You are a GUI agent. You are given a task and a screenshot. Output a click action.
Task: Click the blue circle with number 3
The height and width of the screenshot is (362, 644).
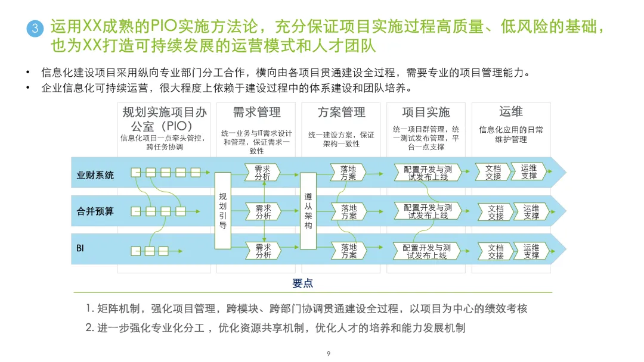click(35, 29)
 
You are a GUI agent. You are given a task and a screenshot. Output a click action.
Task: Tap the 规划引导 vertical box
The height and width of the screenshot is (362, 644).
click(222, 211)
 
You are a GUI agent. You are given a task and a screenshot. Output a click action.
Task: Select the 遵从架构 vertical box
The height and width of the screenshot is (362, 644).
click(308, 211)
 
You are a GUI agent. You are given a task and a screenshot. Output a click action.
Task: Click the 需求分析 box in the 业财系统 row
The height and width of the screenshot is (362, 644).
click(262, 173)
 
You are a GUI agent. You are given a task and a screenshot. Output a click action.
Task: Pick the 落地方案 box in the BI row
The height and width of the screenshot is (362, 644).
click(349, 251)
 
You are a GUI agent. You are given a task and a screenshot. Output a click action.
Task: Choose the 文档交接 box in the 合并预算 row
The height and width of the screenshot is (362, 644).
click(496, 213)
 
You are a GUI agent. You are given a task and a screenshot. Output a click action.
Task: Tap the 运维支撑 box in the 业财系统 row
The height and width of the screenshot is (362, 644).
click(529, 173)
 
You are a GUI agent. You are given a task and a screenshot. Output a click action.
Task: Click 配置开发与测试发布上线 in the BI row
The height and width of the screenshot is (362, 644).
click(426, 251)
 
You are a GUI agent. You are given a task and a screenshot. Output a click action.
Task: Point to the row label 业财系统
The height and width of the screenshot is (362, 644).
click(95, 175)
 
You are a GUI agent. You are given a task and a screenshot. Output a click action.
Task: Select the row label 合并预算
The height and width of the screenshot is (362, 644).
click(95, 211)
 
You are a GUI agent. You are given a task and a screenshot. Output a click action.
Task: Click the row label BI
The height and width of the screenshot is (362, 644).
click(80, 246)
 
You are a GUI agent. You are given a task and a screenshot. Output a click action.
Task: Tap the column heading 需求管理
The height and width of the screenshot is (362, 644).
click(256, 113)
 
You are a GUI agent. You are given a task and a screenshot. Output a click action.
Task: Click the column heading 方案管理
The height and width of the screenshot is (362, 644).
click(342, 113)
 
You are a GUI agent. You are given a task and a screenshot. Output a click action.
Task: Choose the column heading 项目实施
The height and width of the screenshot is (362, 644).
click(426, 113)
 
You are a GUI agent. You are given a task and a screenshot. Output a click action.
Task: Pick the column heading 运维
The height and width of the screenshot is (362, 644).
click(511, 111)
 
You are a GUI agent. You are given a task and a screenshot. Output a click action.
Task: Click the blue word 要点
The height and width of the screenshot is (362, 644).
click(303, 283)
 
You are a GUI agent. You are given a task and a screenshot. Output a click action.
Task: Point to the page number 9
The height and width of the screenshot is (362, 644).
click(329, 354)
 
